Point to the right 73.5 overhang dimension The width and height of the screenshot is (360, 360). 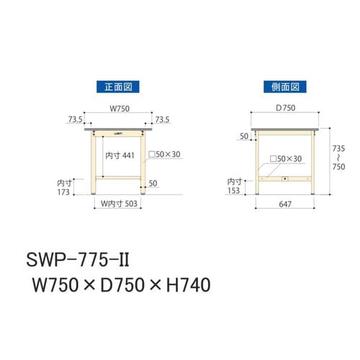tap(163, 120)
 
